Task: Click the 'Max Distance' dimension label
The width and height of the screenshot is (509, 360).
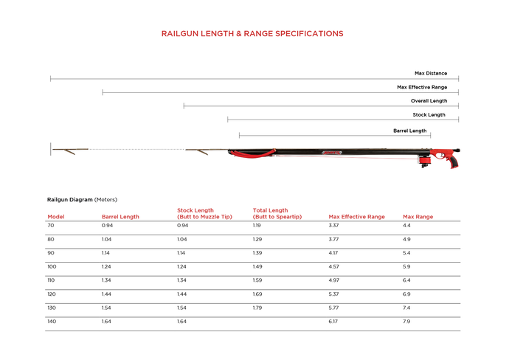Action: pos(430,73)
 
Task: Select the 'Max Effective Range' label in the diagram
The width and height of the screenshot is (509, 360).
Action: pos(422,87)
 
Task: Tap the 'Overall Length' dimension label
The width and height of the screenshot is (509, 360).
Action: pos(429,100)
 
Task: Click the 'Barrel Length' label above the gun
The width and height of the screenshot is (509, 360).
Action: pos(409,131)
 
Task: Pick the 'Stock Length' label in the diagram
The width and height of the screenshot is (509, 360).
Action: pos(429,114)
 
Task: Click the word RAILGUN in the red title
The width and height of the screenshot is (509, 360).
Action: pos(181,33)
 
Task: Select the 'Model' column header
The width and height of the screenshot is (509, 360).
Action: pos(56,217)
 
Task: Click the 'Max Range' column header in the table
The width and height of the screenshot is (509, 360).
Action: pos(418,217)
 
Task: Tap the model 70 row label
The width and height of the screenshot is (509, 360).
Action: pos(51,225)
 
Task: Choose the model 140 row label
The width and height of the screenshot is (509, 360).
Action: pos(52,322)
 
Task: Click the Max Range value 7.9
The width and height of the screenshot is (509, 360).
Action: pos(406,322)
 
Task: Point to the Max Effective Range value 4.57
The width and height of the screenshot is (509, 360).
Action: pos(335,266)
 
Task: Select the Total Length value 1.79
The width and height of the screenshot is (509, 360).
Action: pos(257,308)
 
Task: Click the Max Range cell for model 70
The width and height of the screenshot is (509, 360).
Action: pos(406,225)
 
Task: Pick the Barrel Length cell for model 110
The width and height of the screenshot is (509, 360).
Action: pos(108,280)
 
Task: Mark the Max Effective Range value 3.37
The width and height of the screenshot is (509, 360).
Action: pos(334,225)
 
